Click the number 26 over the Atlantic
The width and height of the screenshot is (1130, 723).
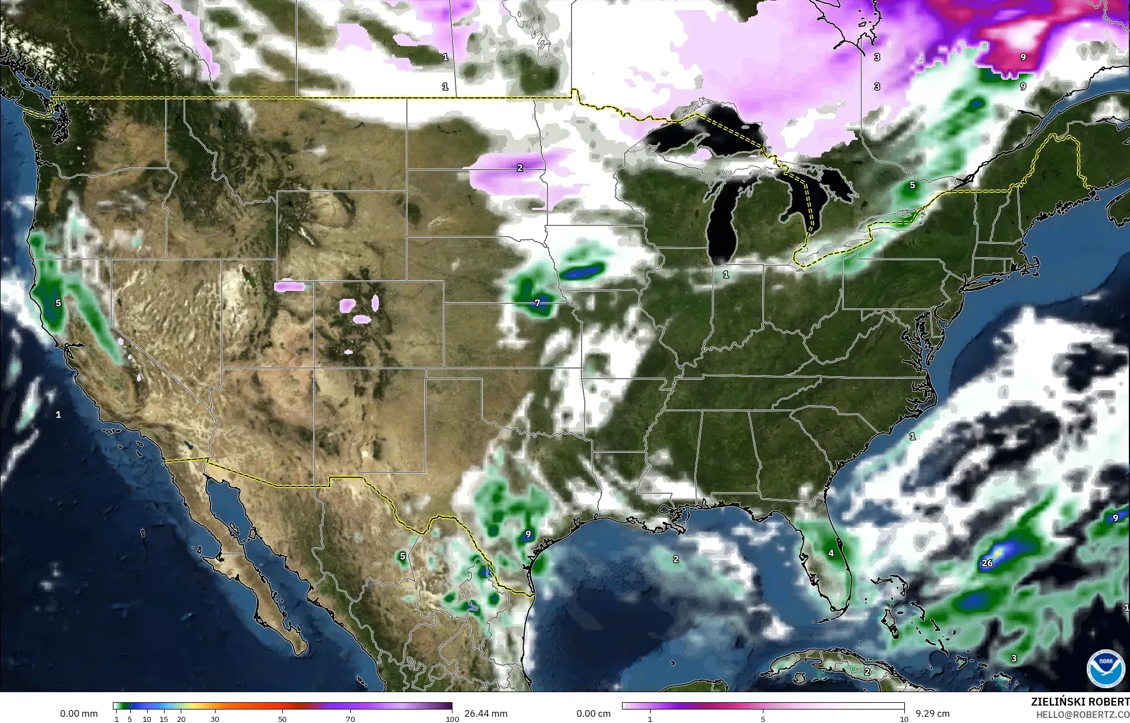[x=987, y=563]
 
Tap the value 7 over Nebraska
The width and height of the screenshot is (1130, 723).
[x=537, y=303]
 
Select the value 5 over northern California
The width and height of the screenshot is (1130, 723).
[x=58, y=303]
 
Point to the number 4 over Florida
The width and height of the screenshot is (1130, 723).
[x=831, y=553]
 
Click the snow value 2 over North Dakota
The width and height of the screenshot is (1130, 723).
[x=520, y=167]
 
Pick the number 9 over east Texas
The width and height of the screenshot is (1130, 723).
[x=528, y=534]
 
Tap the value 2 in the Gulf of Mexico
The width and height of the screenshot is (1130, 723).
[x=676, y=559]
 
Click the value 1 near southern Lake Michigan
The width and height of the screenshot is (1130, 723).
[x=726, y=275]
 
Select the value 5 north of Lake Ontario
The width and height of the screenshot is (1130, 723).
[x=912, y=185]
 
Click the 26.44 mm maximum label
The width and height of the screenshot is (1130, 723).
[x=486, y=713]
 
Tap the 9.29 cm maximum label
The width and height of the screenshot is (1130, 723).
[x=932, y=713]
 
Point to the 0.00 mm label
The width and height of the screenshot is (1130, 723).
[x=79, y=713]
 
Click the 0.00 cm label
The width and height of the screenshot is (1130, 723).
[x=593, y=713]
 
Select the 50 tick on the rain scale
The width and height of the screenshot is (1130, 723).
[x=282, y=719]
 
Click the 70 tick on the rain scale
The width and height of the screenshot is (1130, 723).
[x=350, y=719]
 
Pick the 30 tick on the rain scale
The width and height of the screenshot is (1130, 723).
[x=215, y=719]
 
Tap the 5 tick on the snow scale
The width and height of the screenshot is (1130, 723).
[x=763, y=719]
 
